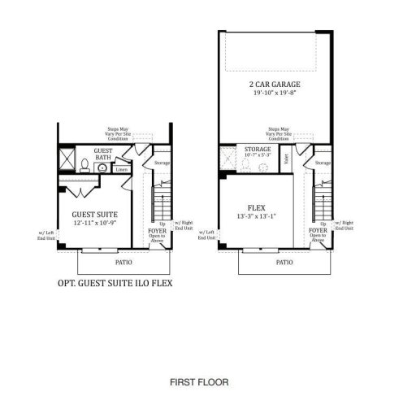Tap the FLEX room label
point(257,207)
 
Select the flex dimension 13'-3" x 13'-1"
point(257,216)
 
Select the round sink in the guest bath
point(102,168)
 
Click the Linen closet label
point(120,170)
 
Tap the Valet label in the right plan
point(288,160)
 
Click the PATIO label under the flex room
point(284,263)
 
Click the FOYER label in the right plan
point(318,230)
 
